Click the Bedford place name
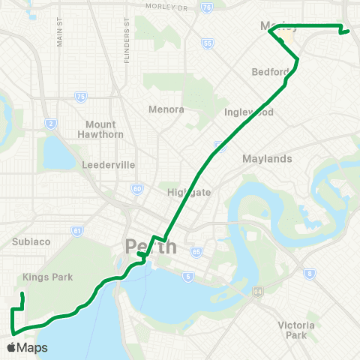[271, 72]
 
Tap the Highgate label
[189, 192]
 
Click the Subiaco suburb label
[31, 241]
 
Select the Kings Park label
[47, 277]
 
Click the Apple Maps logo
[26, 347]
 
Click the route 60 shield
[136, 189]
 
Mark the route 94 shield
[257, 290]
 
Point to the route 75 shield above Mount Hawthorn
[80, 96]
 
